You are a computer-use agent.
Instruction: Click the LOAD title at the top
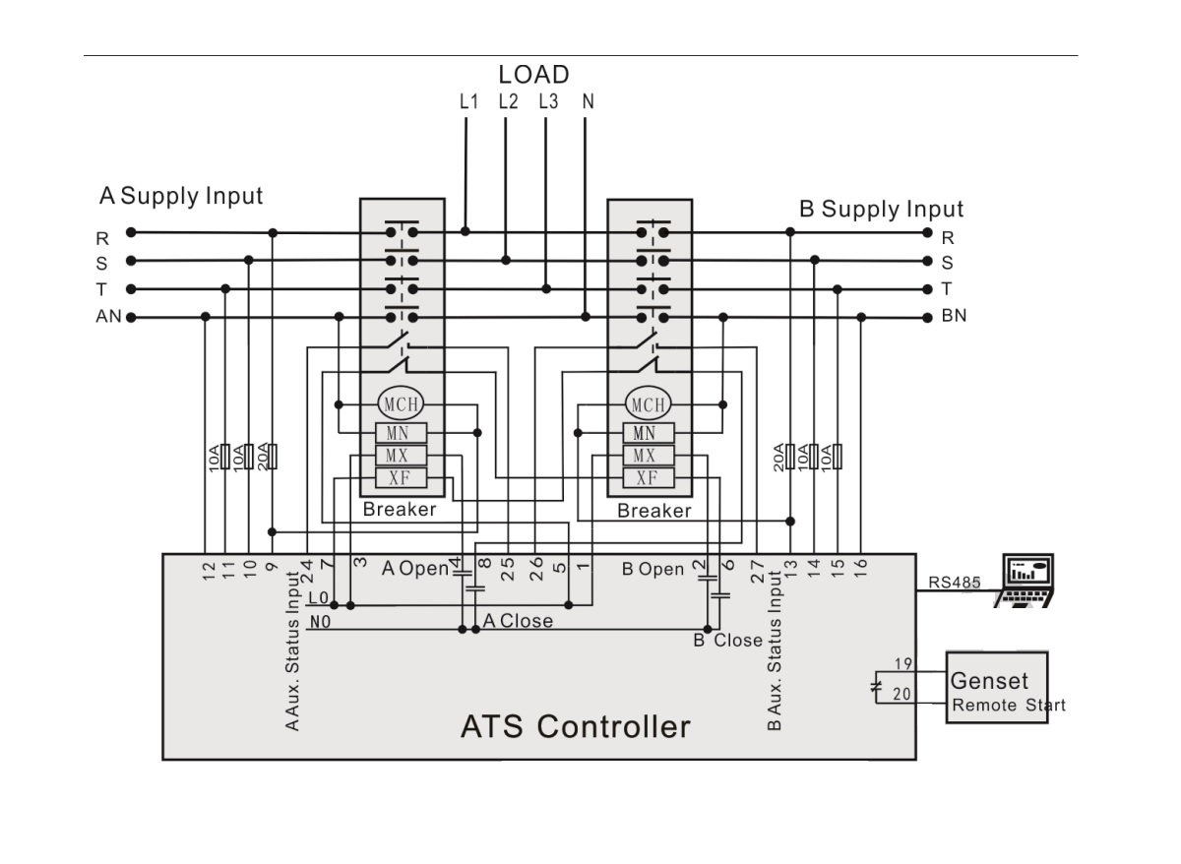point(533,74)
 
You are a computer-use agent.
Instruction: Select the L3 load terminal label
point(548,100)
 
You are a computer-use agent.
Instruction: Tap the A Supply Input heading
point(181,196)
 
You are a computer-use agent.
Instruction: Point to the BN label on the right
point(954,317)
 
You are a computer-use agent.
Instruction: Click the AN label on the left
point(108,317)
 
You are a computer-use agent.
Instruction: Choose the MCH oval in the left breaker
point(399,403)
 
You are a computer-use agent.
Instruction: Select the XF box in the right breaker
point(647,478)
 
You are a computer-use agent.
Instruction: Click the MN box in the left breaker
point(399,433)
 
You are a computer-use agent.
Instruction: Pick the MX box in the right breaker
point(647,456)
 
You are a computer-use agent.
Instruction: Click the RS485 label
point(955,582)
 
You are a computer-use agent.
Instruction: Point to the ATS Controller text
point(575,727)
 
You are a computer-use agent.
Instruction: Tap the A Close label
point(518,621)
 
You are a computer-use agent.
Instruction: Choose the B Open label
point(653,570)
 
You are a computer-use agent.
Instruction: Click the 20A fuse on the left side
point(273,457)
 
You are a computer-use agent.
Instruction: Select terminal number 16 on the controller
point(861,568)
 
